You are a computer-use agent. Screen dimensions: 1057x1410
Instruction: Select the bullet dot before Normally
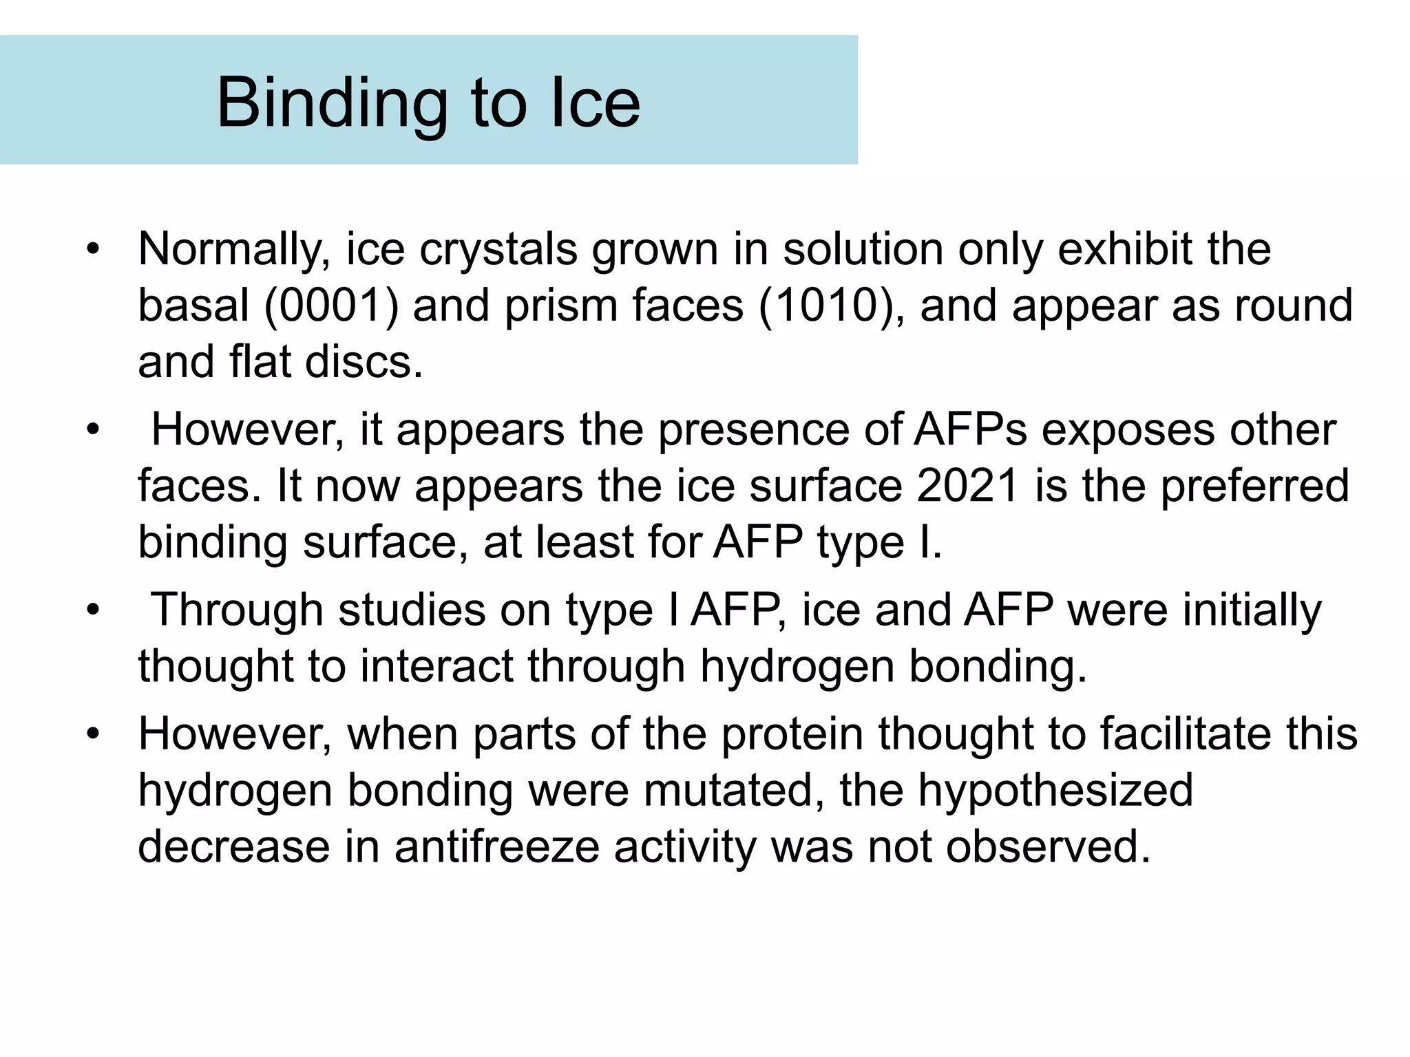click(x=93, y=249)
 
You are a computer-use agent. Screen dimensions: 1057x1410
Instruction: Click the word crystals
click(x=498, y=249)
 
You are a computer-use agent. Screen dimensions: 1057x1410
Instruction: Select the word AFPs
click(x=970, y=430)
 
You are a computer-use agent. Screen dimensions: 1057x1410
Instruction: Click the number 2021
click(x=968, y=486)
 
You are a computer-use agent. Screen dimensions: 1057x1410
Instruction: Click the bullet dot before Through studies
click(x=93, y=610)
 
